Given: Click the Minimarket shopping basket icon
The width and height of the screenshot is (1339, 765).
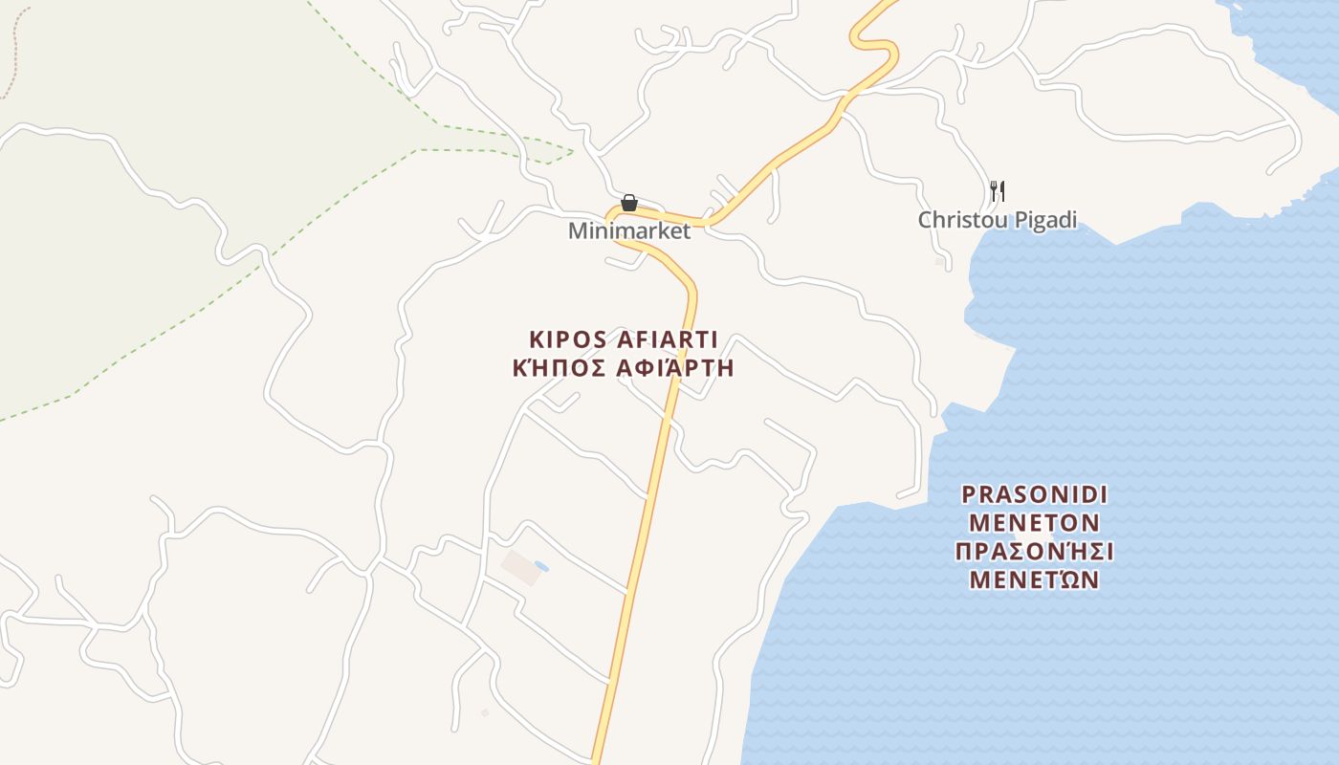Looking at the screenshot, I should coord(629,203).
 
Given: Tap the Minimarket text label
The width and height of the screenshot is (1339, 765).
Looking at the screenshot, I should coord(628,231).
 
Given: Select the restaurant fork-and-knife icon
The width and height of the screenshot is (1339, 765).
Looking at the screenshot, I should coord(997,190).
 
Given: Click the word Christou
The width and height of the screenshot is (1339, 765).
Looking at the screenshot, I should coord(957,220).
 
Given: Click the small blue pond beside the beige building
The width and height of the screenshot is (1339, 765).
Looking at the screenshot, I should coord(541,566).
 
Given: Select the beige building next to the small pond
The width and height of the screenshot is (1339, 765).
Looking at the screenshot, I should coord(520,567).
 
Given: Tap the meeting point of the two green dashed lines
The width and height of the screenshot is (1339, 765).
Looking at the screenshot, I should coord(572,151).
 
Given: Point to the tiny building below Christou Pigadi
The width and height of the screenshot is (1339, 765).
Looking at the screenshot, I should coord(939,260).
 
